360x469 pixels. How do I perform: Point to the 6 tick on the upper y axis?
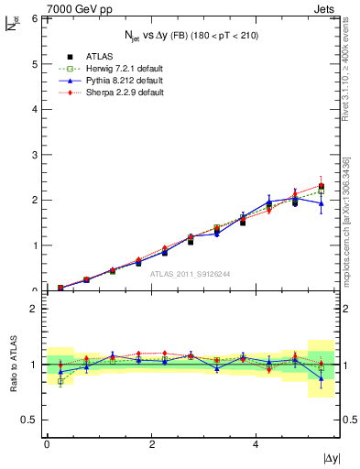click(35, 18)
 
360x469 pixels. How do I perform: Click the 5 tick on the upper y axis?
click(35, 63)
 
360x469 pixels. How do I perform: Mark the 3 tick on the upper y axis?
click(35, 154)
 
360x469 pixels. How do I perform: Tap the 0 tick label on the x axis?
click(47, 443)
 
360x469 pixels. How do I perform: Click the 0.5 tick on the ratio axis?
click(30, 420)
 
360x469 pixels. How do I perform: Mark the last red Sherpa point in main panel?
click(322, 185)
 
